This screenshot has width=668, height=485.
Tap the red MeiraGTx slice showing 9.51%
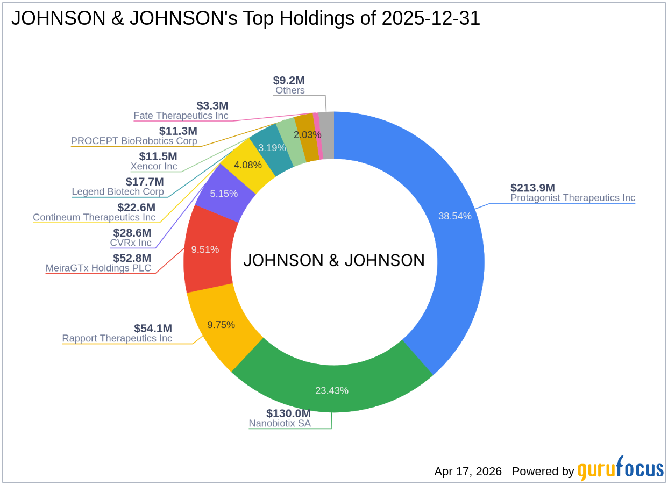tap(207, 249)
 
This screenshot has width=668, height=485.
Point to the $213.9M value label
tap(532, 188)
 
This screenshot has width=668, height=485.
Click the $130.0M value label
tap(288, 413)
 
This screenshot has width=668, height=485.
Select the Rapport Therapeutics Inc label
tap(117, 338)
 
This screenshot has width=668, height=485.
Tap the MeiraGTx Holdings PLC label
tap(98, 268)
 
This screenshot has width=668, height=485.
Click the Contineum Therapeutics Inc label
tap(94, 217)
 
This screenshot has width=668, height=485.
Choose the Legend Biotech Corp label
tap(118, 191)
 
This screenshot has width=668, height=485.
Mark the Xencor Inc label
tap(154, 166)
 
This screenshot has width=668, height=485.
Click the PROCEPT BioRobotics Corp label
tap(134, 141)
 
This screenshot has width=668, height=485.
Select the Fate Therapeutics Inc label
tap(181, 116)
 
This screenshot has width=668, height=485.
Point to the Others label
tap(290, 90)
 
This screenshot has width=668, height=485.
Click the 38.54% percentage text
tap(455, 216)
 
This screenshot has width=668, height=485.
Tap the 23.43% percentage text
tap(332, 390)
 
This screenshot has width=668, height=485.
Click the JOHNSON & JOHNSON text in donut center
tap(334, 260)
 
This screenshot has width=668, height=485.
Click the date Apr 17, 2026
tap(468, 472)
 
